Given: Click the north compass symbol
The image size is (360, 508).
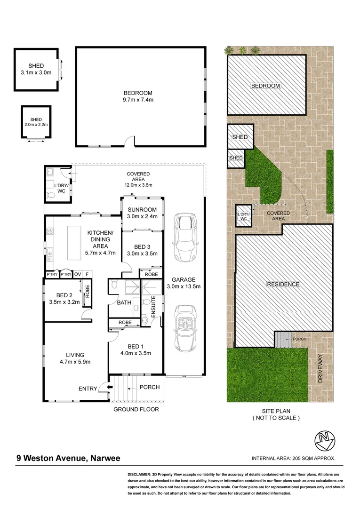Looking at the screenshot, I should point(324,440).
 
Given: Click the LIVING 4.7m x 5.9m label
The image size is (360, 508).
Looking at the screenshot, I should point(75,358).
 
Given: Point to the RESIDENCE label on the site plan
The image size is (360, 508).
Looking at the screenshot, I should point(283,284).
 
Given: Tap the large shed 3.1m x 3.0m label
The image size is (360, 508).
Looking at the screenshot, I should point(36,69).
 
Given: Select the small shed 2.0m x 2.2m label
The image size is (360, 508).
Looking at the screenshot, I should point(36,122).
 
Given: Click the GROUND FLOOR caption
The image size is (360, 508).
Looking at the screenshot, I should point(136,409).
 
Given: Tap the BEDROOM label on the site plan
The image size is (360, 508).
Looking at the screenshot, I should point(265,86).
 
